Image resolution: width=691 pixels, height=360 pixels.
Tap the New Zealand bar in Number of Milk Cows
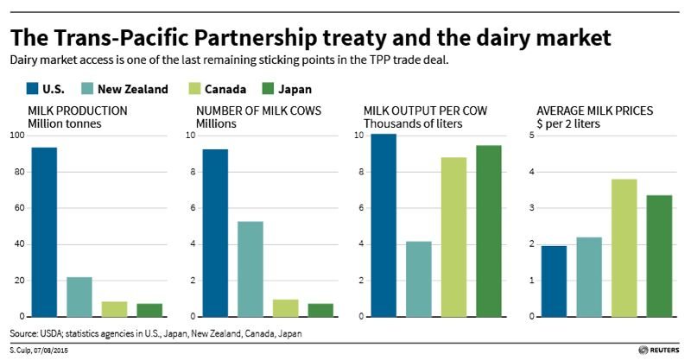click(250, 268)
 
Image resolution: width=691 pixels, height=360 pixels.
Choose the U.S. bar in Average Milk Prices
click(553, 281)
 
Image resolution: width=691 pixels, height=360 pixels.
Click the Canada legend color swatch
click(196, 88)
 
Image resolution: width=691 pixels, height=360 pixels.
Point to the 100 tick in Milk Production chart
click(17, 136)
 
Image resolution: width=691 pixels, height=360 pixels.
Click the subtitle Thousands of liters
click(414, 124)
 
